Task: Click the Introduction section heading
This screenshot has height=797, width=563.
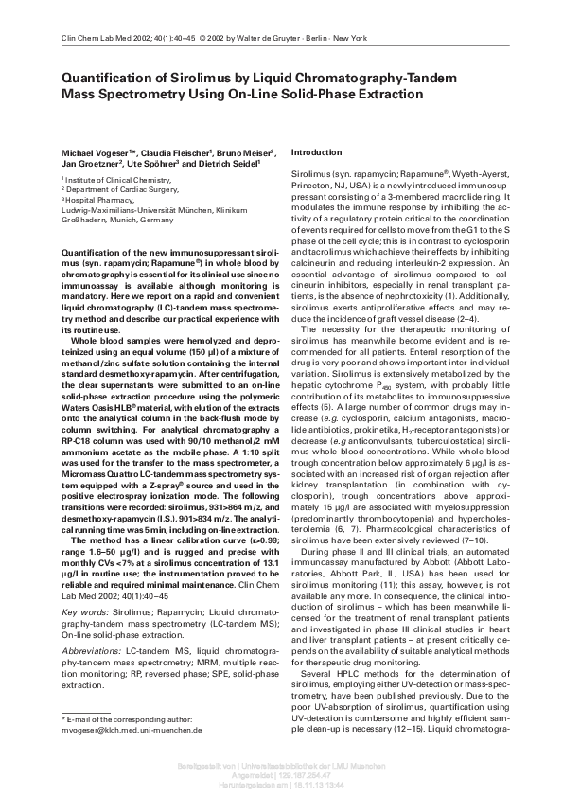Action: tap(316, 152)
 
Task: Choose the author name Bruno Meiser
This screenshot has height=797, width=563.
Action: tap(245, 152)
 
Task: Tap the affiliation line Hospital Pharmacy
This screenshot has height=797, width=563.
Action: tap(97, 199)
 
